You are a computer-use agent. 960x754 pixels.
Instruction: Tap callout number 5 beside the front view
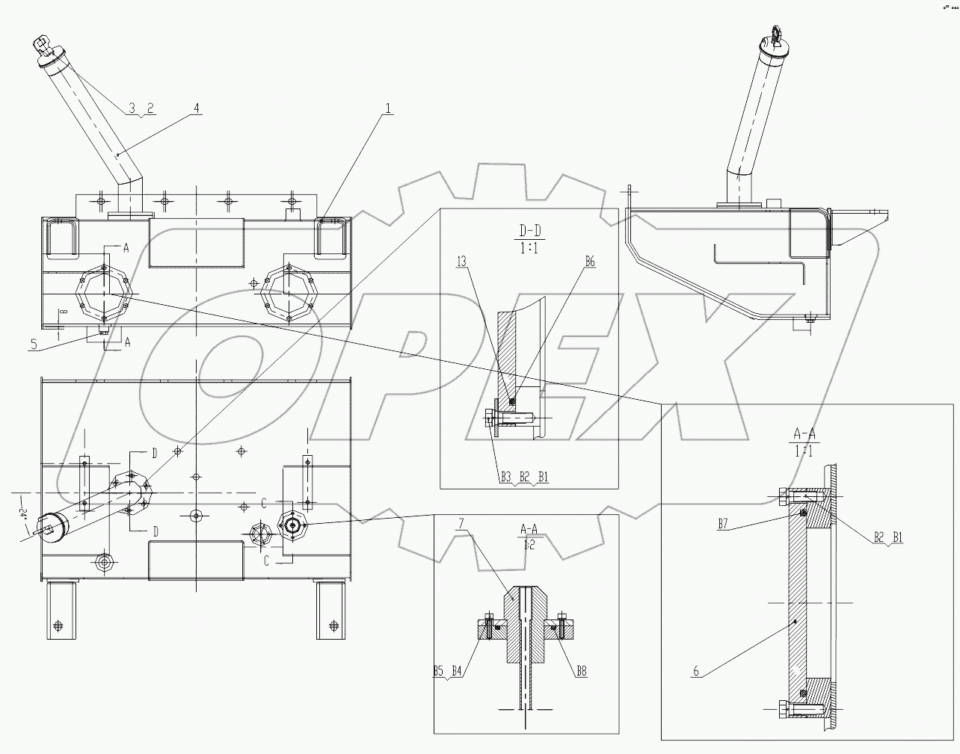pos(34,344)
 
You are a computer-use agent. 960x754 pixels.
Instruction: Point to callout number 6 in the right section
pos(696,671)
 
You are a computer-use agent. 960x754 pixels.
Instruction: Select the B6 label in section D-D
pos(590,261)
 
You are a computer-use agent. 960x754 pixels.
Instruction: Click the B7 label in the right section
pos(723,524)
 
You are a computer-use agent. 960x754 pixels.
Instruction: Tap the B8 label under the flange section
pos(581,672)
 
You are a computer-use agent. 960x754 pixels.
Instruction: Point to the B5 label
pos(440,672)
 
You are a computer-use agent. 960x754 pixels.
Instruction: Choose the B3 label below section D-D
pos(506,475)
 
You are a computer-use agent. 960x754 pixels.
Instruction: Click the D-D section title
pos(529,227)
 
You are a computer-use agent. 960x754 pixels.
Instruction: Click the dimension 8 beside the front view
pos(64,313)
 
